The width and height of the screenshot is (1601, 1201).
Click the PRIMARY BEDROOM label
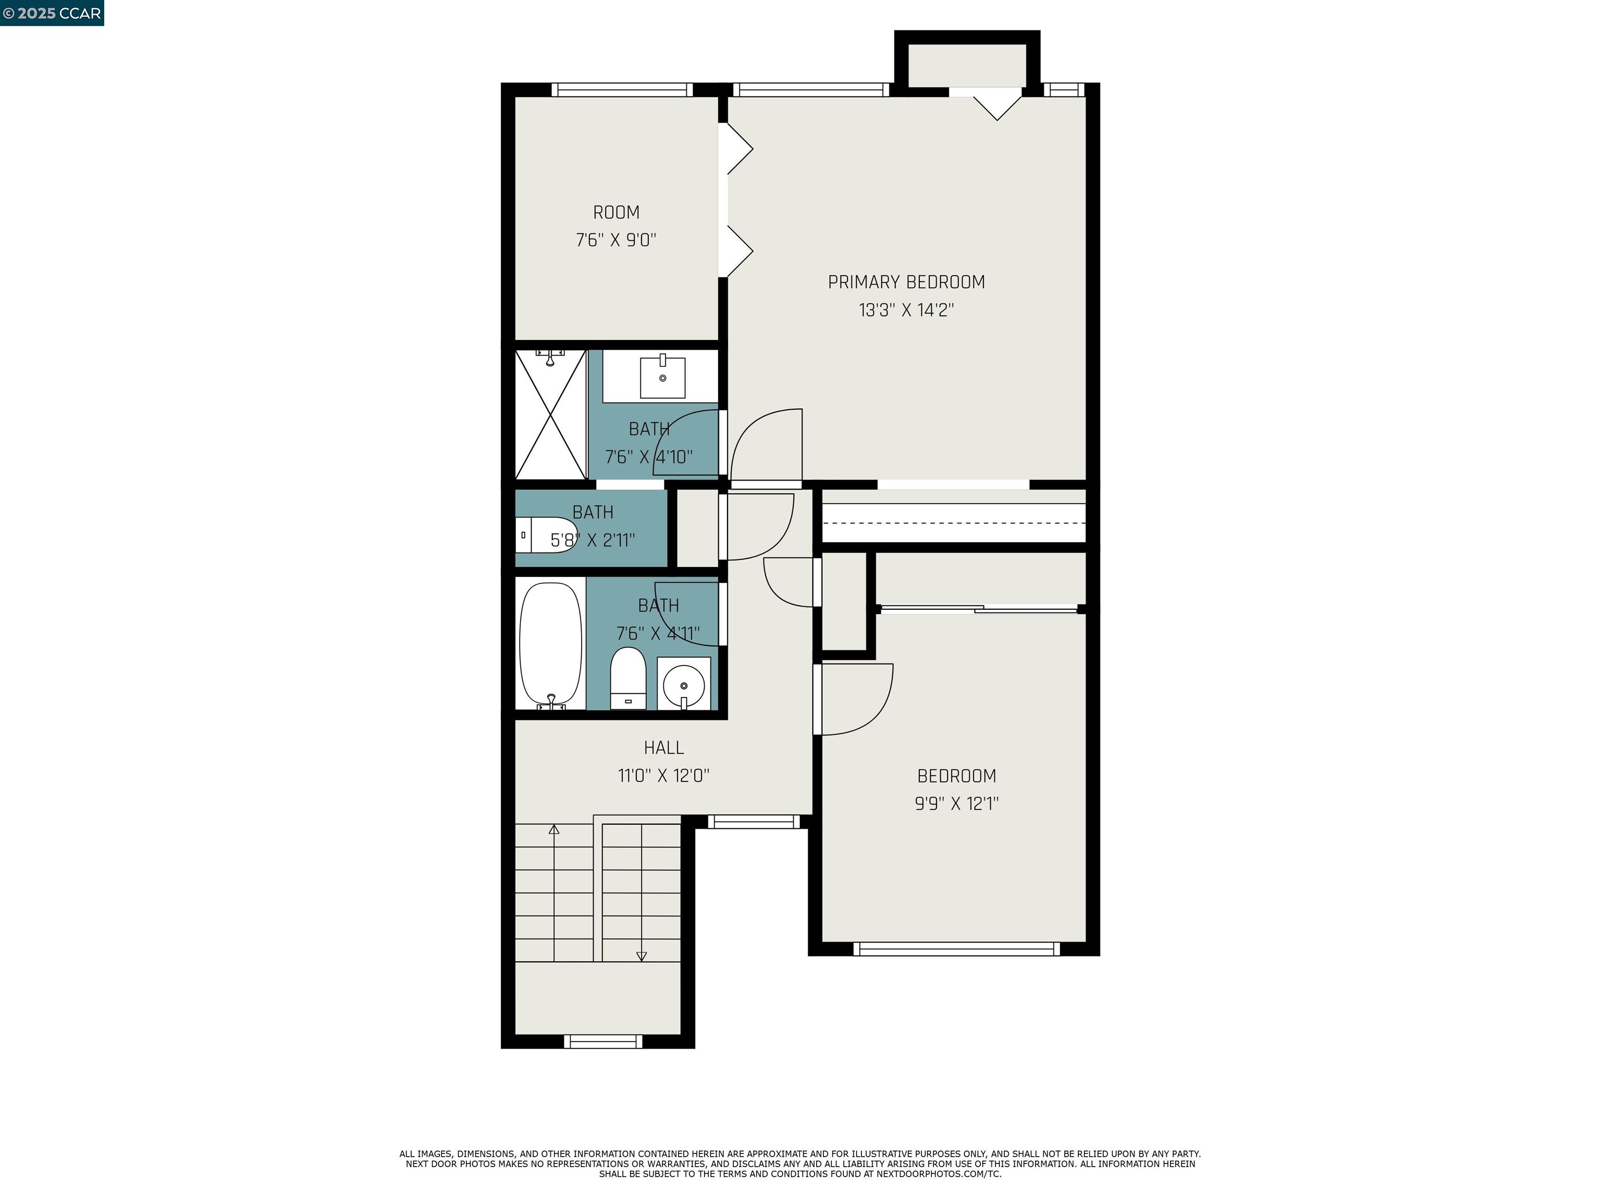906,283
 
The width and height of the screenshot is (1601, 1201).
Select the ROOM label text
616,213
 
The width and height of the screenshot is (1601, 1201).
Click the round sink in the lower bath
683,683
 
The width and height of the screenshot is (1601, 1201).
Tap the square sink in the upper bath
662,377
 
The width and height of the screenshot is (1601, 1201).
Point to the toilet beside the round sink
627,678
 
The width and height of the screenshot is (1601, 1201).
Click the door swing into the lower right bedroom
854,698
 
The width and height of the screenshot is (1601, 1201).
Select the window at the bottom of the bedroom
956,949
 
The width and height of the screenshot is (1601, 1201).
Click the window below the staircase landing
603,1041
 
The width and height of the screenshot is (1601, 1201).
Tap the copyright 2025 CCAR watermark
52,13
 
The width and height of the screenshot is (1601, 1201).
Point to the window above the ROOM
622,90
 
